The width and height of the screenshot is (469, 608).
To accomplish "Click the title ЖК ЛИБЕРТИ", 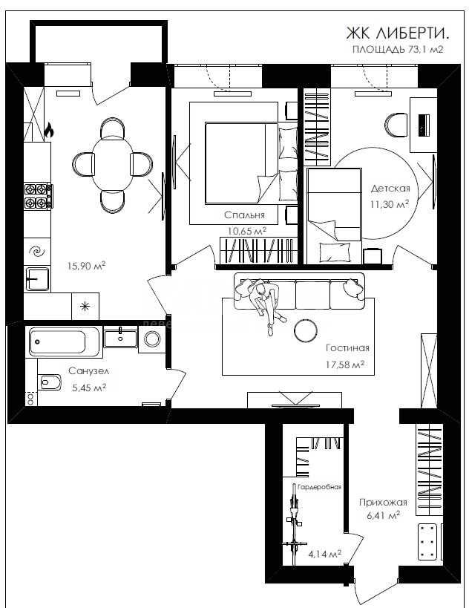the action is (398, 33).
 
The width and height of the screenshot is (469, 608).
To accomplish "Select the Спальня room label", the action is (245, 215).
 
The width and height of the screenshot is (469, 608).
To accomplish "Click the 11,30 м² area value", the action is (390, 204).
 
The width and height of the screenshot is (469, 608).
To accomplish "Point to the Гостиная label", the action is (347, 348).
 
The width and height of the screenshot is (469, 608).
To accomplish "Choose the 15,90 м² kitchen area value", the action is (86, 266).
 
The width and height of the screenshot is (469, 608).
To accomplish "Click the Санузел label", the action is (89, 371).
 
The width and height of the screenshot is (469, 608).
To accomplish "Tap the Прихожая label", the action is (383, 503).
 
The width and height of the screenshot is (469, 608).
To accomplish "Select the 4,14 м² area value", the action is (325, 554).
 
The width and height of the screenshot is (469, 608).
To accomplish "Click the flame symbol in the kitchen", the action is (49, 130).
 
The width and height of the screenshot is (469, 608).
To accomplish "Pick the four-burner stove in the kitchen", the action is (38, 196).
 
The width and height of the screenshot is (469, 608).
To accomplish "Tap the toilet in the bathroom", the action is (50, 383).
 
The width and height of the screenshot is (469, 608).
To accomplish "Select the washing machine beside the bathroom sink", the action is (152, 339).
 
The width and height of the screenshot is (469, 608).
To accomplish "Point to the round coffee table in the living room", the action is (306, 330).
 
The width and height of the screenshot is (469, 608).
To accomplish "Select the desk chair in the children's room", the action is (396, 125).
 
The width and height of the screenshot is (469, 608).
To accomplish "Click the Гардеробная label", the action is (319, 487).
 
